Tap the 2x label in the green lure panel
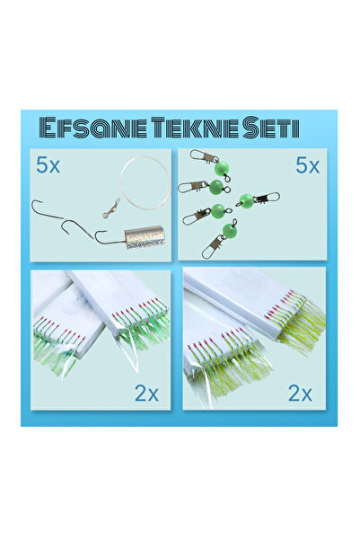(145, 392)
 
